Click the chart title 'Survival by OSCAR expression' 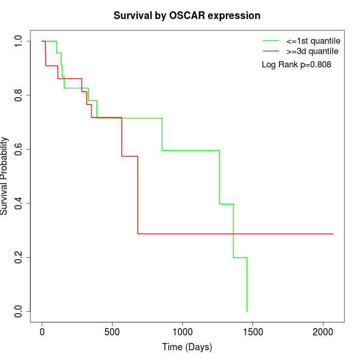187,15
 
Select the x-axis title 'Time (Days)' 187,347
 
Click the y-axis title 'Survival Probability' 5,176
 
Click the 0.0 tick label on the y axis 19,311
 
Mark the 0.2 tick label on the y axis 19,257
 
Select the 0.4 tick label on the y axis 19,203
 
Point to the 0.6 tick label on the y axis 19,149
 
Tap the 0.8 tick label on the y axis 19,95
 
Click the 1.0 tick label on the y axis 19,41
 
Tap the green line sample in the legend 271,40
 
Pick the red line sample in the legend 271,51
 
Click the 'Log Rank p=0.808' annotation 296,65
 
